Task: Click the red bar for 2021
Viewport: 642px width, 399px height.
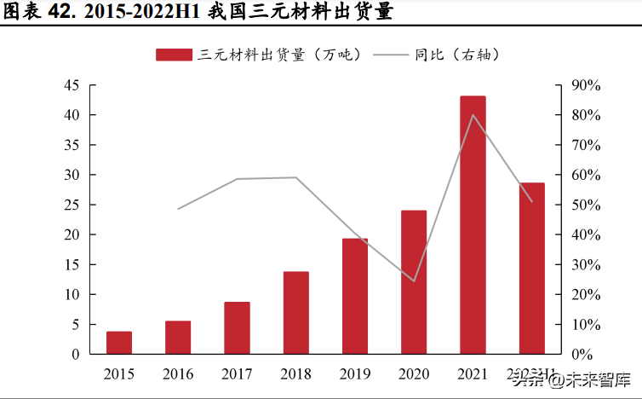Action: click(x=473, y=225)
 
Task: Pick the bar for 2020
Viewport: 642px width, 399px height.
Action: click(x=414, y=282)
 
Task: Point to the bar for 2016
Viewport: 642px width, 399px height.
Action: click(x=178, y=338)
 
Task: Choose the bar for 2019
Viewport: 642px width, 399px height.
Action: click(x=355, y=296)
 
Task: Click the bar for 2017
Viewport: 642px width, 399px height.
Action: click(x=237, y=328)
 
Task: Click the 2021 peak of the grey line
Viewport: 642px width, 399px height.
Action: click(x=473, y=115)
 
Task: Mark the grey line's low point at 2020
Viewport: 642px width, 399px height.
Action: click(x=414, y=280)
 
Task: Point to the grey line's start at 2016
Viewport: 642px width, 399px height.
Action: click(x=178, y=209)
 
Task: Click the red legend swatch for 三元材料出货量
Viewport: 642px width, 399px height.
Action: click(x=174, y=55)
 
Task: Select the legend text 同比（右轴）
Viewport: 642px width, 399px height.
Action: click(x=456, y=55)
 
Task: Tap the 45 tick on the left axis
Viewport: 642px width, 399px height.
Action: click(x=72, y=85)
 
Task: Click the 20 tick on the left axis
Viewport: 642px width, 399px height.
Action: click(x=72, y=234)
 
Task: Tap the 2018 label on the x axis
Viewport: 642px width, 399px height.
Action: click(x=295, y=374)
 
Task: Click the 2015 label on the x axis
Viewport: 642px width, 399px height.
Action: click(x=119, y=374)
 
